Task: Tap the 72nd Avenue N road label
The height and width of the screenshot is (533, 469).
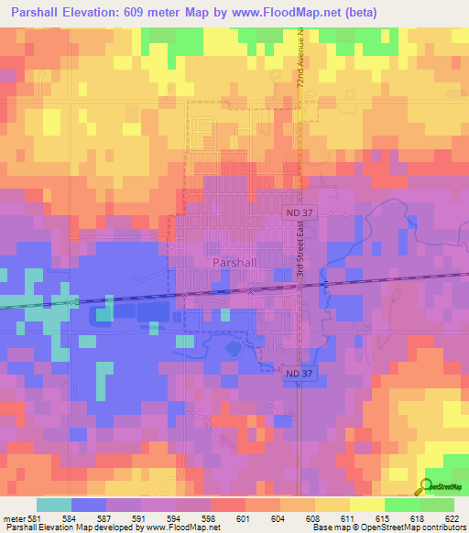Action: (x=300, y=62)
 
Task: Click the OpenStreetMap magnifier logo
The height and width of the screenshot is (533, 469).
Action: (x=429, y=487)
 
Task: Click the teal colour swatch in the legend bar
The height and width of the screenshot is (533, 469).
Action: (x=54, y=505)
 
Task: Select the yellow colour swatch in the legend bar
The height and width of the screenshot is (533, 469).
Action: (x=365, y=505)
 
